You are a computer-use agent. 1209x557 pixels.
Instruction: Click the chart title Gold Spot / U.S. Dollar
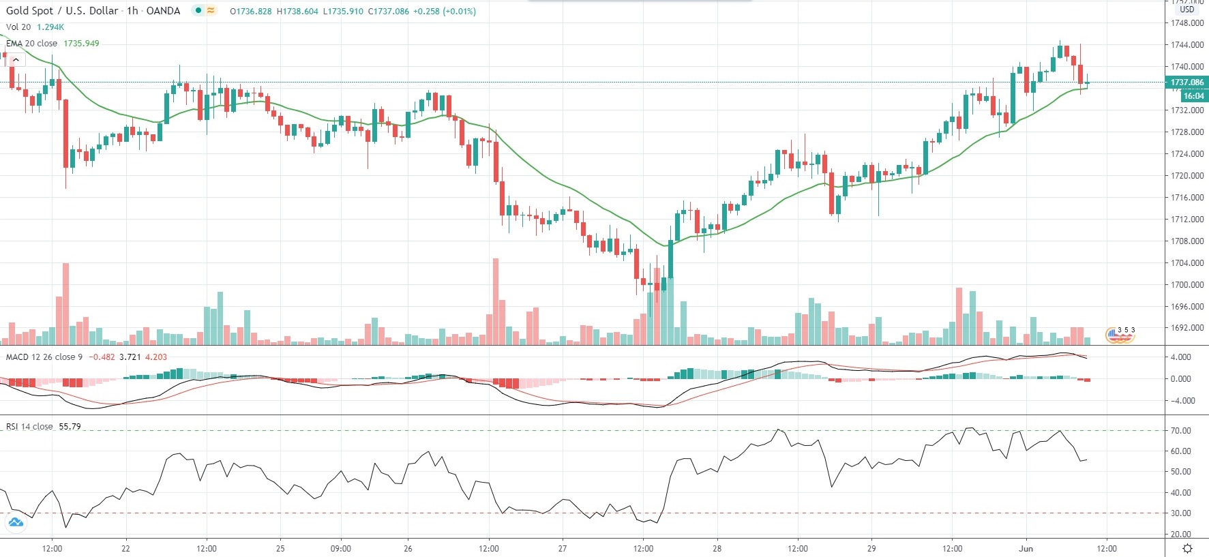coord(62,11)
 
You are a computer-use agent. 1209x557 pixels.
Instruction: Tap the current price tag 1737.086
coord(1187,82)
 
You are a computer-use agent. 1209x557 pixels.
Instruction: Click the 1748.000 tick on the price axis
coord(1187,23)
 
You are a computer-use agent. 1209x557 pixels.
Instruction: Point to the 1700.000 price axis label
coord(1187,285)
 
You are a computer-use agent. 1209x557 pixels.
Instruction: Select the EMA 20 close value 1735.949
coord(81,44)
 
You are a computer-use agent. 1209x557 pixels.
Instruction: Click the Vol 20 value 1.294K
coord(50,27)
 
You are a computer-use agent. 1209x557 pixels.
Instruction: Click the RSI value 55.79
coord(70,427)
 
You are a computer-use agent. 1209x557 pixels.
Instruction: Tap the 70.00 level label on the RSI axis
coord(1181,431)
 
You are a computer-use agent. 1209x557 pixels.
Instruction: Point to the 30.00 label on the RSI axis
coord(1181,513)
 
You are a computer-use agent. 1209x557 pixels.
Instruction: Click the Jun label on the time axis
coord(1026,548)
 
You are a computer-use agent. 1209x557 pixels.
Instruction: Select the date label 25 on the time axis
coord(280,548)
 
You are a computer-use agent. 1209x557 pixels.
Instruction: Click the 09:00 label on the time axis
coord(341,548)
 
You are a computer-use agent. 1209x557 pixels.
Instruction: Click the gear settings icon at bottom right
coord(1187,549)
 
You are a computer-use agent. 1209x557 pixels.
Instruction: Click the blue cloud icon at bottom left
coord(15,523)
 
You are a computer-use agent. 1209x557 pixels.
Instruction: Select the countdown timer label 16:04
coord(1193,96)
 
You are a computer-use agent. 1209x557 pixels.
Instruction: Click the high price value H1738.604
coord(297,12)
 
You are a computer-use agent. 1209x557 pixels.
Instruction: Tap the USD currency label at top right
coord(1187,10)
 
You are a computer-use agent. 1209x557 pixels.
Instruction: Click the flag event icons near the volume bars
coord(1120,334)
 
